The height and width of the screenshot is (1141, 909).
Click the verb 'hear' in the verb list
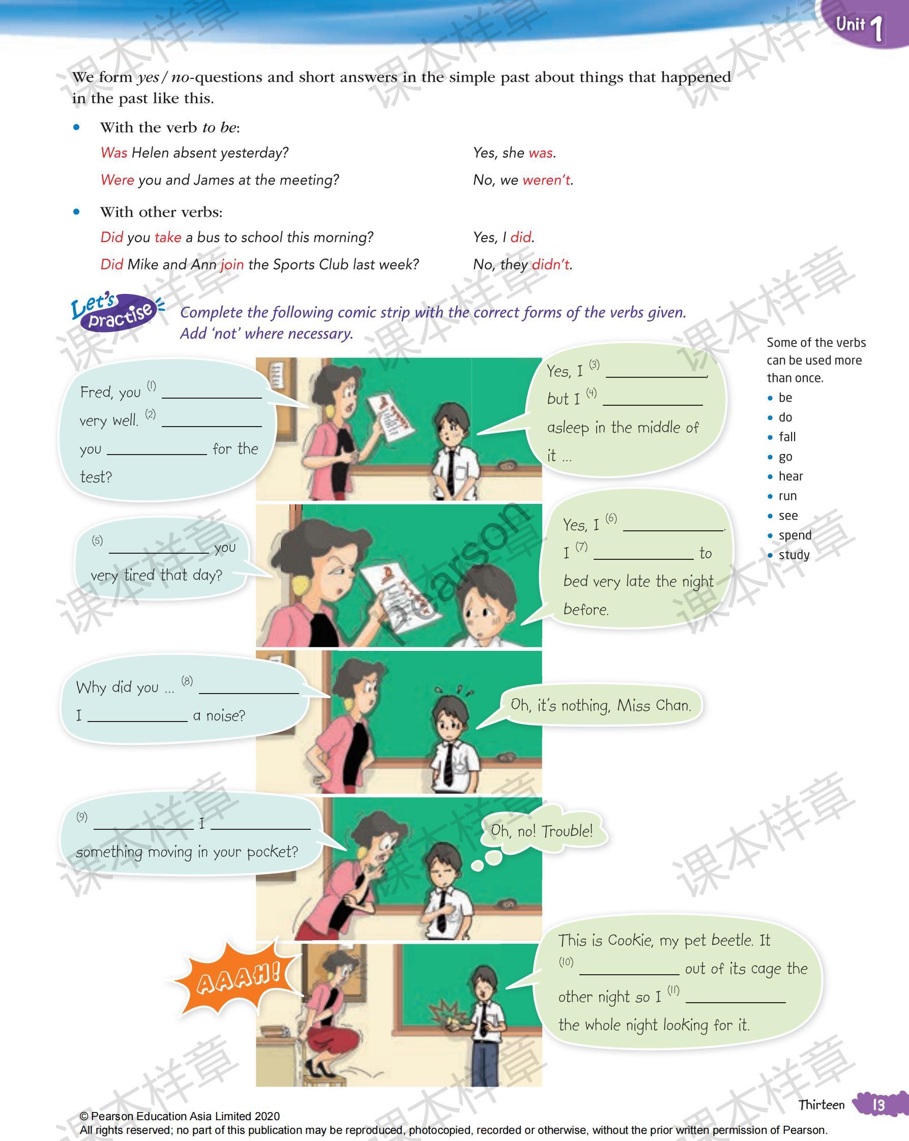790,476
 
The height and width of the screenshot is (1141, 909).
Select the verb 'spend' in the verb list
795,535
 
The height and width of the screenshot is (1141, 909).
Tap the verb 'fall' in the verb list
787,437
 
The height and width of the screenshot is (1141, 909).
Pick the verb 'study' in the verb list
794,555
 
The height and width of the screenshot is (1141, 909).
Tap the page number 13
878,1105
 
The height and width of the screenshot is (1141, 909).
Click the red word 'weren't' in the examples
546,180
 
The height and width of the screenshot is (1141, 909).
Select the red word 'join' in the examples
232,264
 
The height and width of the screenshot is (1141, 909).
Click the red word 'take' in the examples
168,237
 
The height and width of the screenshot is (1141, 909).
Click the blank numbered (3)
655,372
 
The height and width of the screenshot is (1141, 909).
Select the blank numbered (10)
629,970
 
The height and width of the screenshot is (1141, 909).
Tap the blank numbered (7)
643,554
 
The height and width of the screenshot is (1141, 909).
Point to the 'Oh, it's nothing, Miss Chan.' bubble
600,705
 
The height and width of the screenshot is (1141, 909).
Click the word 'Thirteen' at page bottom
821,1104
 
